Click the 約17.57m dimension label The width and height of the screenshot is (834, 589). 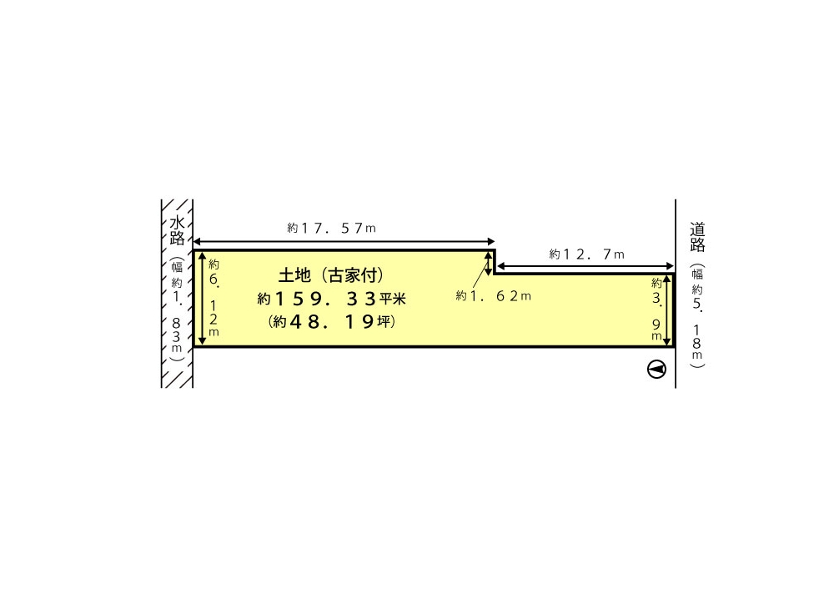331,229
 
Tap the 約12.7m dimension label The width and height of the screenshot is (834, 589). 586,254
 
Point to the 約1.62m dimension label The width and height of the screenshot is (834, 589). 494,296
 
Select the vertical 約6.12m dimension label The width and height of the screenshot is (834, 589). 214,298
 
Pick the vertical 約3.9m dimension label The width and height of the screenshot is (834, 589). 657,310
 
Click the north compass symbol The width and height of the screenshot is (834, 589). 657,370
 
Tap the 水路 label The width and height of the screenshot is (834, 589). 177,230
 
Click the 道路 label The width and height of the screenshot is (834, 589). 697,237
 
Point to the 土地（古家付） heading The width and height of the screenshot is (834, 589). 331,275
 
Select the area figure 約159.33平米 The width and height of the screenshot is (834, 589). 331,299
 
